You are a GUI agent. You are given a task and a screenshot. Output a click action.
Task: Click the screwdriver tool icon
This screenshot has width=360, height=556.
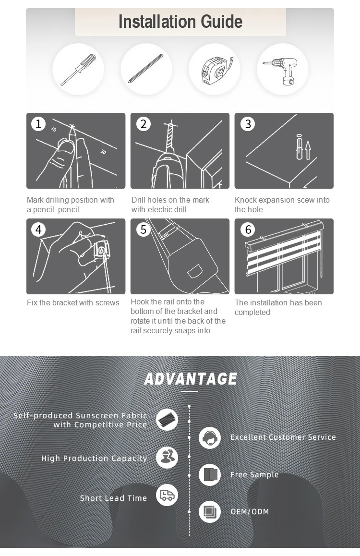[x=78, y=70]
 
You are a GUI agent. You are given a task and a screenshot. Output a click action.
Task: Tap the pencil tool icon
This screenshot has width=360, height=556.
[x=145, y=69]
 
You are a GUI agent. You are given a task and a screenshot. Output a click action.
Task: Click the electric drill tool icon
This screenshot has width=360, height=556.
[x=281, y=70]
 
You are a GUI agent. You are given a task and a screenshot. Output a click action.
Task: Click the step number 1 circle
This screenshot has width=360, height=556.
[x=38, y=124]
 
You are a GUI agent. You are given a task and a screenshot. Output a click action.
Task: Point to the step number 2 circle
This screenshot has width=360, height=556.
[x=144, y=124]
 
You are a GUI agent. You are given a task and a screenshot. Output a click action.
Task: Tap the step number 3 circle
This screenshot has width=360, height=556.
[x=248, y=124]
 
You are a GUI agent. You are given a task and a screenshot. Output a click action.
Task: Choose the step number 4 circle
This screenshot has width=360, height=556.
[x=38, y=230]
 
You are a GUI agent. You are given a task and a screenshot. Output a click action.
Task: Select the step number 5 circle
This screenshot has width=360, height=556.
[x=144, y=230]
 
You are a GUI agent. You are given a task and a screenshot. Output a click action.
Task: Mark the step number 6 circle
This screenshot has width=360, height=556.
[x=248, y=230]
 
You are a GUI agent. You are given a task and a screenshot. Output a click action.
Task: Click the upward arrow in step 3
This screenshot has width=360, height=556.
[x=308, y=150]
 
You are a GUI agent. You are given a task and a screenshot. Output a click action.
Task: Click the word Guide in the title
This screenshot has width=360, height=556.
[x=221, y=22]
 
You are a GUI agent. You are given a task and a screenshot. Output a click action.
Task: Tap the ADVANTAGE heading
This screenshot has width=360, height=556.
[x=191, y=379]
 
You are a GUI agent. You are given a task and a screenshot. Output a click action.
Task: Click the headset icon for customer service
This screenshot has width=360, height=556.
[x=210, y=438]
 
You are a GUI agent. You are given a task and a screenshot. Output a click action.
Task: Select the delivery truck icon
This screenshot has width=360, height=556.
[x=167, y=495]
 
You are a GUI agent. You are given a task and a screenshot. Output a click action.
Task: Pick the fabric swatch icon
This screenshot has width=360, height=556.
[x=167, y=420]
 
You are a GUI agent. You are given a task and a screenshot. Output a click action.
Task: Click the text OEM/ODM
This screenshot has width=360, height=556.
[x=250, y=512]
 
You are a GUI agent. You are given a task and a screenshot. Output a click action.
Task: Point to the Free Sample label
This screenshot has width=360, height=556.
[x=254, y=475]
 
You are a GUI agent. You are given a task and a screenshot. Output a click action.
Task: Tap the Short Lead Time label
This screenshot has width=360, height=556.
[x=113, y=498]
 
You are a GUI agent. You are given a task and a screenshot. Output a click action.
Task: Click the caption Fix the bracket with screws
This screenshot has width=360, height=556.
[x=73, y=303]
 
